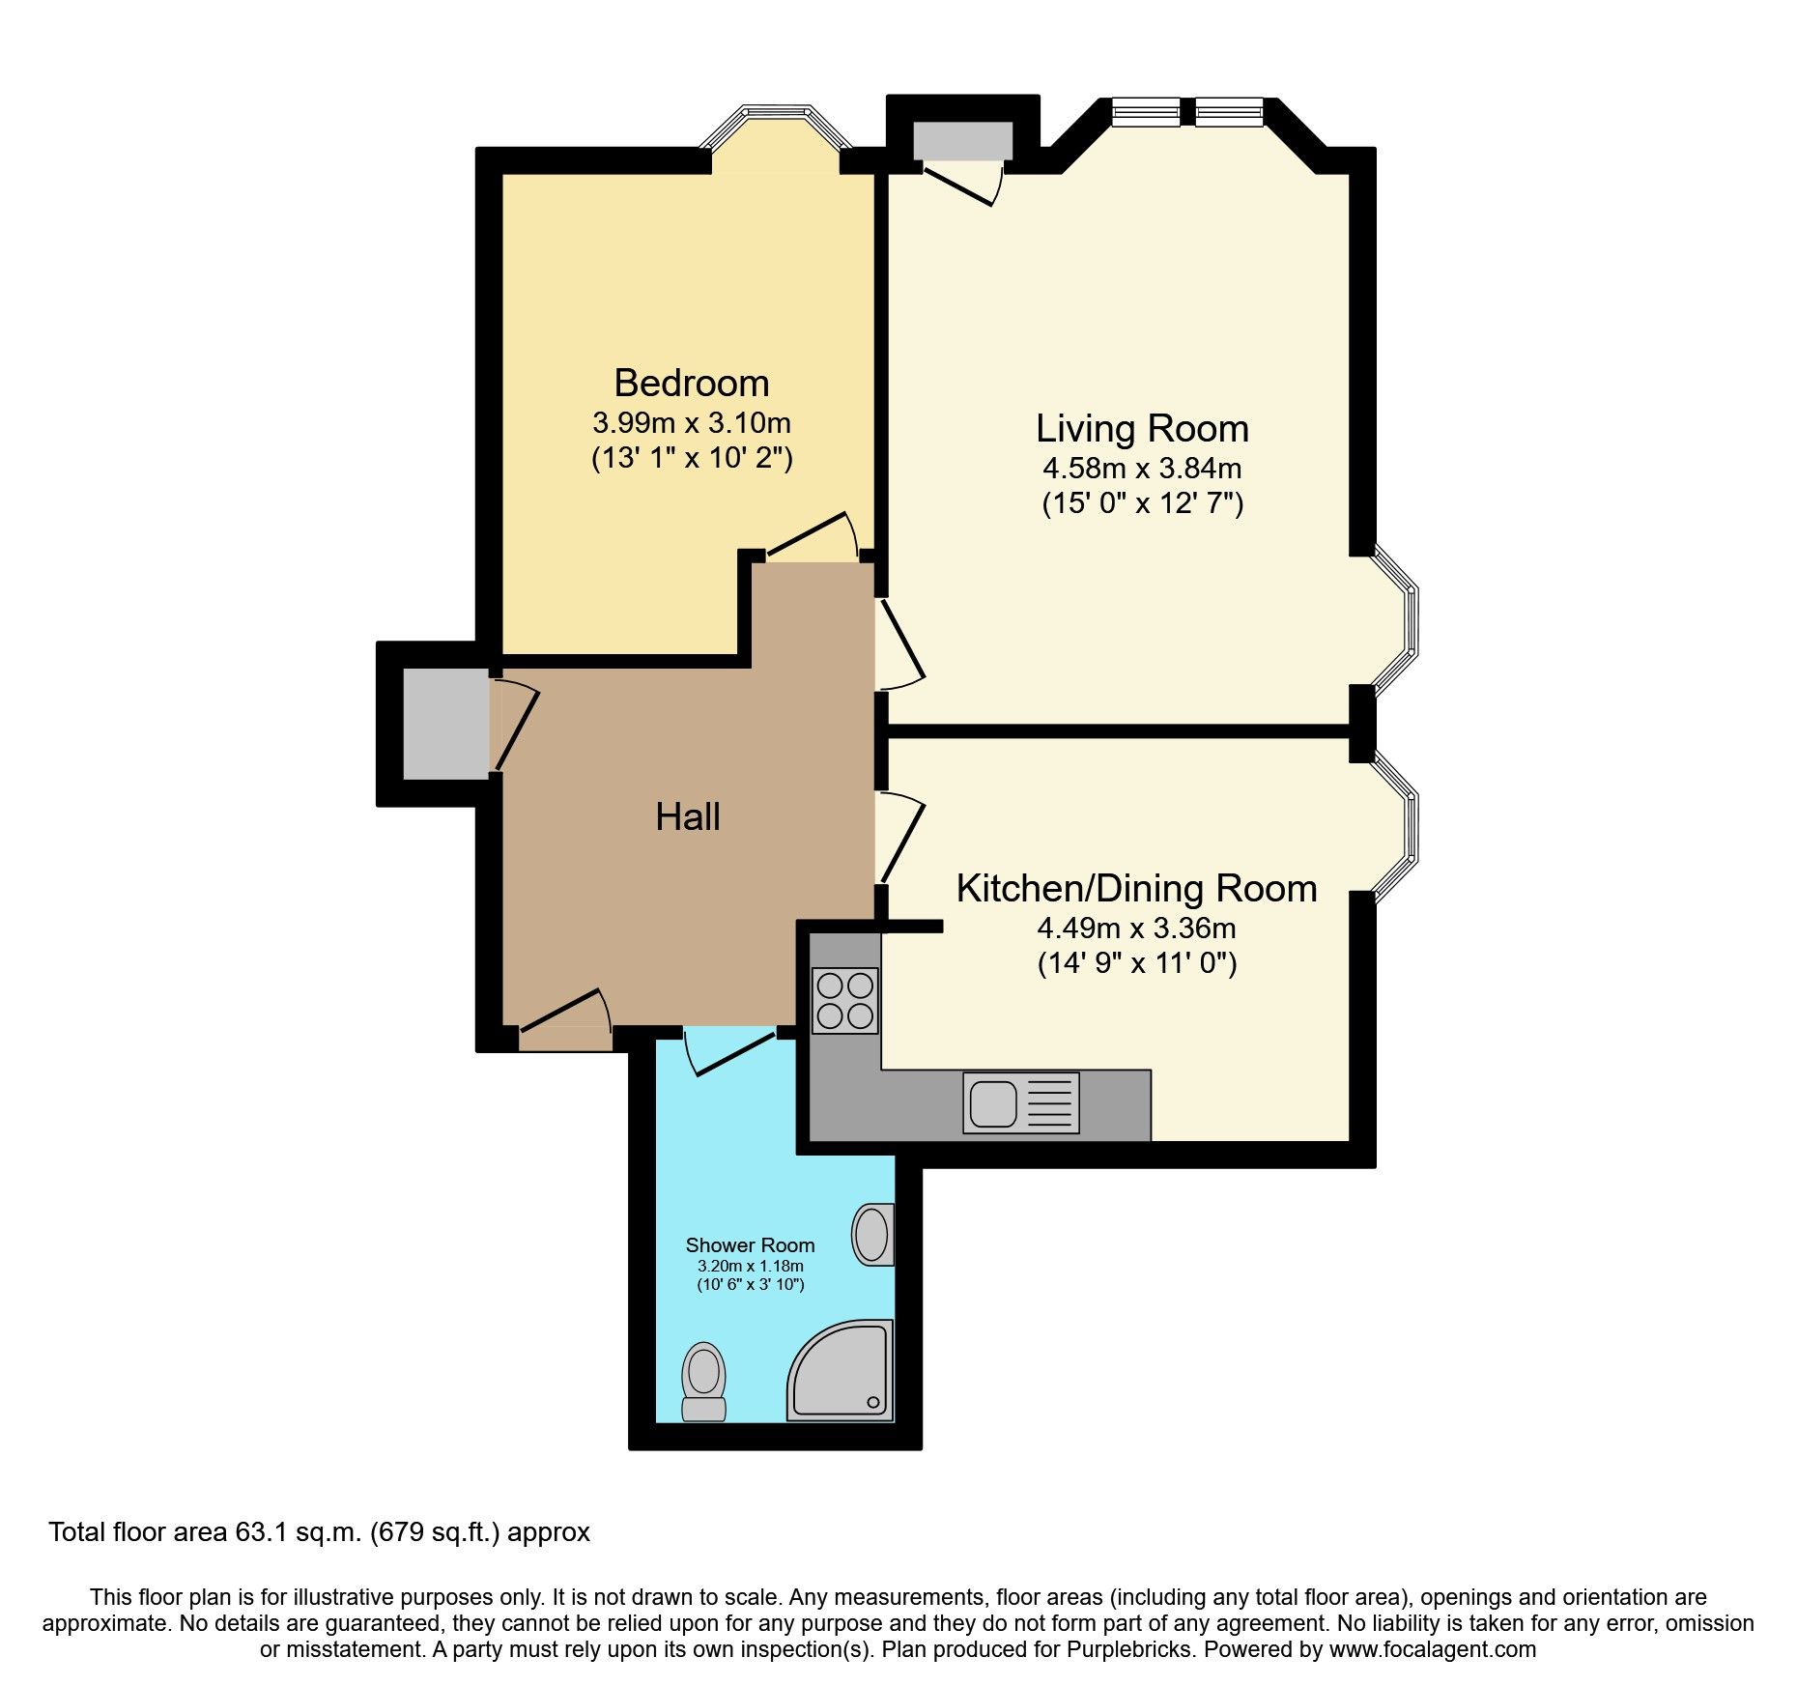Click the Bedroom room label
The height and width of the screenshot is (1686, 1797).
pyautogui.click(x=692, y=384)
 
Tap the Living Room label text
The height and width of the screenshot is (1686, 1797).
pyautogui.click(x=1142, y=429)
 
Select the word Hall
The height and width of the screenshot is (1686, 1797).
pyautogui.click(x=687, y=817)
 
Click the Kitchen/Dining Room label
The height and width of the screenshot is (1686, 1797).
pyautogui.click(x=1136, y=889)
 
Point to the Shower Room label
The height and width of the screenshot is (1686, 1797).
pyautogui.click(x=750, y=1245)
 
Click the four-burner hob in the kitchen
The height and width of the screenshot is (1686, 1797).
pyautogui.click(x=845, y=1001)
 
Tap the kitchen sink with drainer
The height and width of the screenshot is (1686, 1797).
pyautogui.click(x=1020, y=1102)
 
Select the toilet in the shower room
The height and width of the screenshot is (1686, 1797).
pyautogui.click(x=703, y=1381)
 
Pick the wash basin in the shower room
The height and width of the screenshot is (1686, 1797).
pyautogui.click(x=872, y=1234)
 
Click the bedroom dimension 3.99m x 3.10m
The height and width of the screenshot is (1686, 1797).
pyautogui.click(x=692, y=423)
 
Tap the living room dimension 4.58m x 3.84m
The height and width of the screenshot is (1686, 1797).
pyautogui.click(x=1142, y=469)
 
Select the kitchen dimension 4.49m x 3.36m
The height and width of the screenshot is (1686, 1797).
pyautogui.click(x=1136, y=929)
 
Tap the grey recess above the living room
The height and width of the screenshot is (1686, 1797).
pyautogui.click(x=962, y=141)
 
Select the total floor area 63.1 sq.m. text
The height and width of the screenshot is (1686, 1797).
pyautogui.click(x=319, y=1532)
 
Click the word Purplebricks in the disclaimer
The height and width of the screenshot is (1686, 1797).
pyautogui.click(x=1129, y=1650)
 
